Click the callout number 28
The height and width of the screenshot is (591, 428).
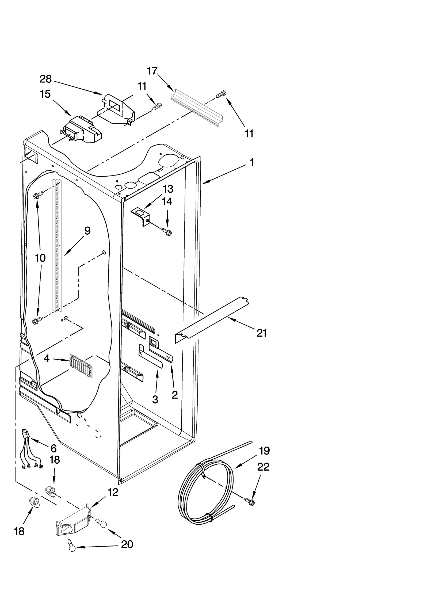(45, 79)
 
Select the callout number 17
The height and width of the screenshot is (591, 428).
(152, 71)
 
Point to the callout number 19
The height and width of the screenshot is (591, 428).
(264, 451)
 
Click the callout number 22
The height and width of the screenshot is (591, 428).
(263, 467)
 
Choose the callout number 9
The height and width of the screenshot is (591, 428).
(87, 231)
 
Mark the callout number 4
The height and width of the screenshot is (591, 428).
(47, 359)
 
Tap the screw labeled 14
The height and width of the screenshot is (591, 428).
(166, 231)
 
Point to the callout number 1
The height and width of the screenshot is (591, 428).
(251, 162)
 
